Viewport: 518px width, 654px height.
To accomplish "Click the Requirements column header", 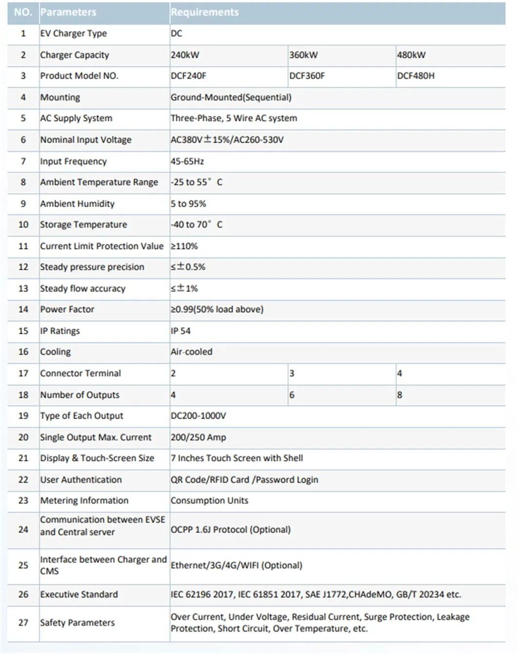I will pyautogui.click(x=205, y=12).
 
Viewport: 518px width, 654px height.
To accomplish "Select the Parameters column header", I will pyautogui.click(x=68, y=12).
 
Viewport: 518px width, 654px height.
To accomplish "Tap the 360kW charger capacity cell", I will pyautogui.click(x=303, y=55).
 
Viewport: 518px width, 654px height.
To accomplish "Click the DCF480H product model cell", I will pyautogui.click(x=416, y=76).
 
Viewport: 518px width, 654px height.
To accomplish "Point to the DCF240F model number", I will pyautogui.click(x=189, y=76).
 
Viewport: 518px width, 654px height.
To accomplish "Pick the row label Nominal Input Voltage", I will pyautogui.click(x=86, y=140).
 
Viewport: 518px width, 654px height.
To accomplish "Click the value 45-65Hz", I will pyautogui.click(x=187, y=161).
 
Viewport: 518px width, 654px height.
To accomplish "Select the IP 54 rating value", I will pyautogui.click(x=181, y=331).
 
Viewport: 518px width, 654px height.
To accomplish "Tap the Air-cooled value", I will pyautogui.click(x=192, y=352).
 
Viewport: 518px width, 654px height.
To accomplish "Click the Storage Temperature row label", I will pyautogui.click(x=84, y=225).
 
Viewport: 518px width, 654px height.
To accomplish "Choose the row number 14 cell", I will pyautogui.click(x=23, y=309).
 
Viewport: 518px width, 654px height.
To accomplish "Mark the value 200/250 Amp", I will pyautogui.click(x=198, y=437).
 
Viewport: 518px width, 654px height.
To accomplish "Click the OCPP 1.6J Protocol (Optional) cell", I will pyautogui.click(x=231, y=530).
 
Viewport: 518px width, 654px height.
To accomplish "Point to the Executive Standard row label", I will pyautogui.click(x=79, y=595).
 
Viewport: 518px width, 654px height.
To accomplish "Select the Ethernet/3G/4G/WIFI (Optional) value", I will pyautogui.click(x=237, y=566).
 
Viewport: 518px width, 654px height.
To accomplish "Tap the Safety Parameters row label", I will pyautogui.click(x=78, y=623).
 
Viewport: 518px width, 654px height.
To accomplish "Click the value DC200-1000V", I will pyautogui.click(x=198, y=416).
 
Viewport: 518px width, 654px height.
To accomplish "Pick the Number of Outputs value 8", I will pyautogui.click(x=400, y=395).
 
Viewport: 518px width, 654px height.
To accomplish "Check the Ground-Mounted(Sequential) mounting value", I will pyautogui.click(x=231, y=97).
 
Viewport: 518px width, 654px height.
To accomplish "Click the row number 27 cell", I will pyautogui.click(x=23, y=623).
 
